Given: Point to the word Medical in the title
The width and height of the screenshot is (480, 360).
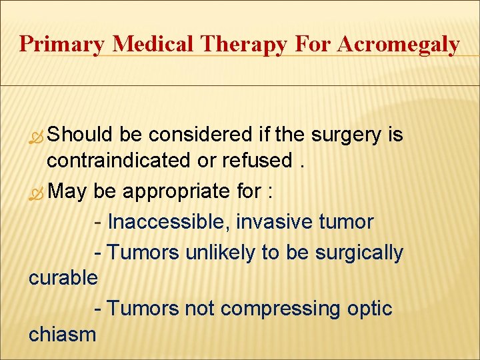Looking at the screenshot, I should [x=155, y=44].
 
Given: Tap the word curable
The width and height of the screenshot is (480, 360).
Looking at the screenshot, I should [x=63, y=277].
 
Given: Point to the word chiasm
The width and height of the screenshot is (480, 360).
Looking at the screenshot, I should [x=62, y=333].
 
